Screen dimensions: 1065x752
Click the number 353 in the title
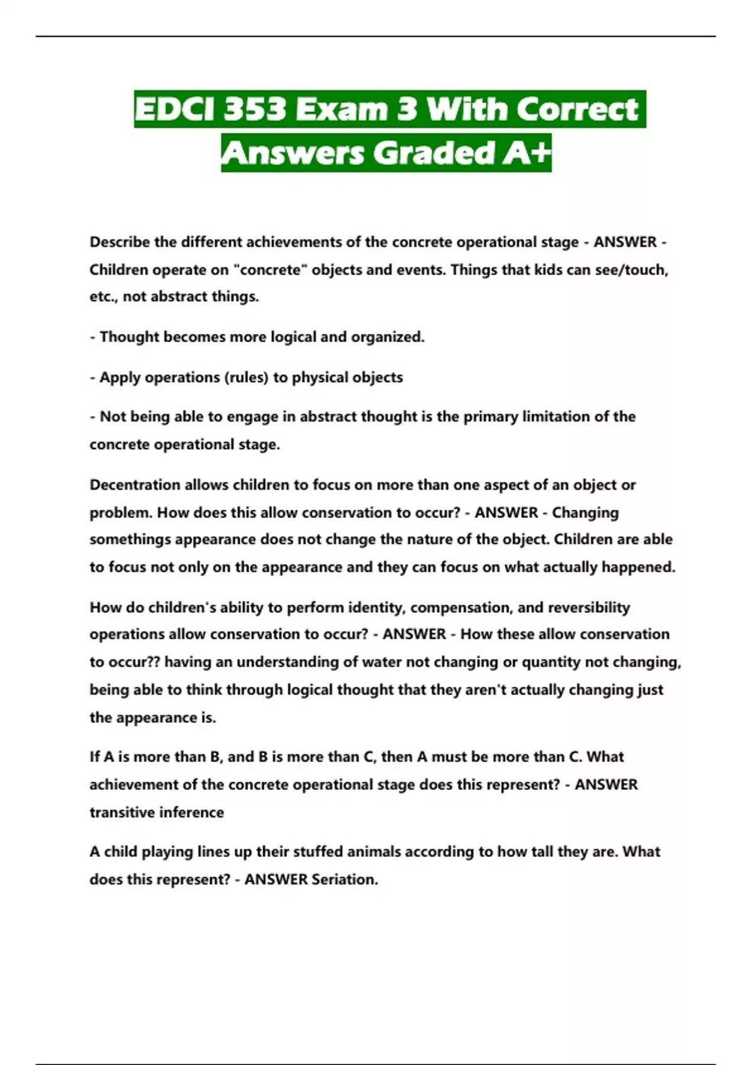point(254,109)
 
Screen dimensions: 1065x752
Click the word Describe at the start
point(120,242)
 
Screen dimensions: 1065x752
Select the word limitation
point(557,417)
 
